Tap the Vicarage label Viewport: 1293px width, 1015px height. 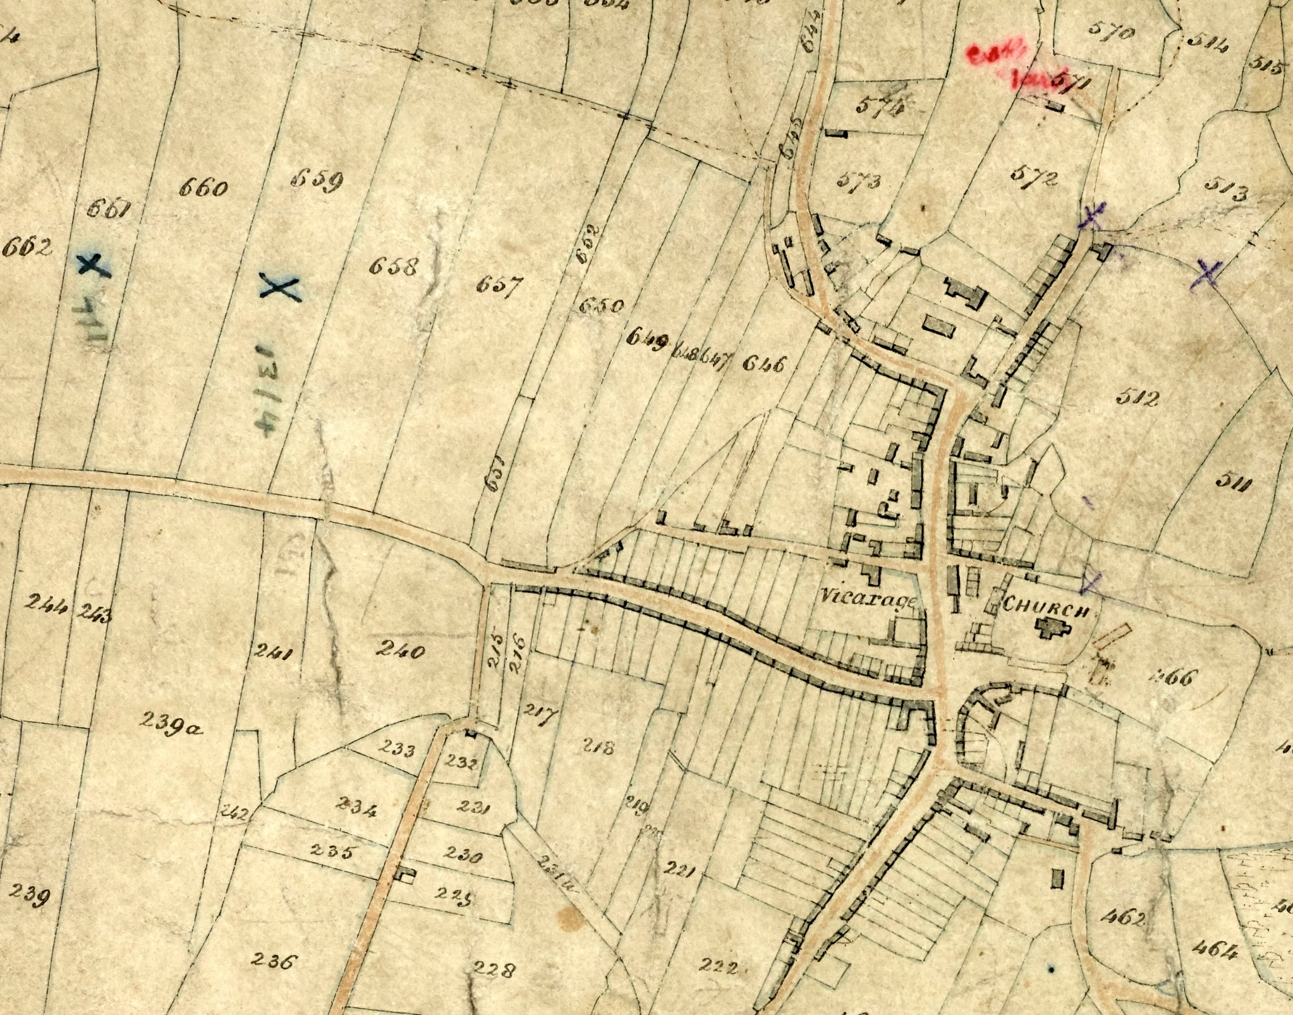click(x=868, y=597)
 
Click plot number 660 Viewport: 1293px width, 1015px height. click(x=203, y=188)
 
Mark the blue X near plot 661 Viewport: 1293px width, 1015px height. click(x=93, y=265)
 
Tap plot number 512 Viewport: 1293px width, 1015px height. click(x=1138, y=398)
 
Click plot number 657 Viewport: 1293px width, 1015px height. click(x=499, y=286)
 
